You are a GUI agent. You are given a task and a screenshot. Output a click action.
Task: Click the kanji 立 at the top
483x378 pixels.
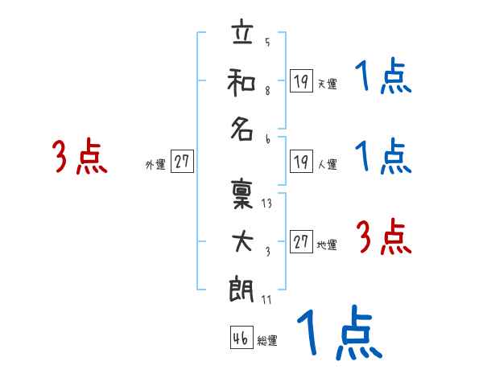pyautogui.click(x=243, y=31)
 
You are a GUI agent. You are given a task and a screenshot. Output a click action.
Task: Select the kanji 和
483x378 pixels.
pyautogui.click(x=242, y=82)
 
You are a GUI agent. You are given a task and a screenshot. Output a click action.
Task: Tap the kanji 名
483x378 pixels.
pyautogui.click(x=242, y=129)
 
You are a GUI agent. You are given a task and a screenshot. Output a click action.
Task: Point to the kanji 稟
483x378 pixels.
pyautogui.click(x=242, y=195)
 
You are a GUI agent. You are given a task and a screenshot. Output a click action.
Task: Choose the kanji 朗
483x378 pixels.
pyautogui.click(x=242, y=289)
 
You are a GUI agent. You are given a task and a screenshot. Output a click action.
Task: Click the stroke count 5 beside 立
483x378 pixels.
pyautogui.click(x=267, y=42)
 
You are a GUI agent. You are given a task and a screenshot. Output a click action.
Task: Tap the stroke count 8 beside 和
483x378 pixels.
pyautogui.click(x=267, y=91)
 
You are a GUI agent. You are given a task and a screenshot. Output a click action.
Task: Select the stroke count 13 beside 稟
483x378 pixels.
pyautogui.click(x=266, y=203)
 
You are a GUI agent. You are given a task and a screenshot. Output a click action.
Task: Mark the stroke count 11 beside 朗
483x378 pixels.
pyautogui.click(x=266, y=299)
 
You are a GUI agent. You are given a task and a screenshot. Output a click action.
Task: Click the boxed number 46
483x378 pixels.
pyautogui.click(x=242, y=337)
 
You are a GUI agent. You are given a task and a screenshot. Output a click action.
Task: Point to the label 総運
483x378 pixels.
pyautogui.click(x=267, y=340)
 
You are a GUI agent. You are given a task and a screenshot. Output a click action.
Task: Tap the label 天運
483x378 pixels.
pyautogui.click(x=328, y=84)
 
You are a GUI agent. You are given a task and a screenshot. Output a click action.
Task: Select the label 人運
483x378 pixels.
pyautogui.click(x=328, y=164)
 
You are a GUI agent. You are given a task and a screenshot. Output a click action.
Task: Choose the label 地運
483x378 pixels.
pyautogui.click(x=327, y=245)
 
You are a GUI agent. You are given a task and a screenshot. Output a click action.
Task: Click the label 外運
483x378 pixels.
pyautogui.click(x=155, y=165)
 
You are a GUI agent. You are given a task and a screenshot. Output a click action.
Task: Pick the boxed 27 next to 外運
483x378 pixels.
pyautogui.click(x=182, y=161)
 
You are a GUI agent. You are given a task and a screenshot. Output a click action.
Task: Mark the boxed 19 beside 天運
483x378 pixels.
pyautogui.click(x=301, y=80)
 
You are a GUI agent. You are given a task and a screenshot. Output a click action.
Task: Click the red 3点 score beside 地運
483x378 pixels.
pyautogui.click(x=384, y=236)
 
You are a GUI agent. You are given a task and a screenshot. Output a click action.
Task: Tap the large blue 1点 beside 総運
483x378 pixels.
pyautogui.click(x=340, y=332)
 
